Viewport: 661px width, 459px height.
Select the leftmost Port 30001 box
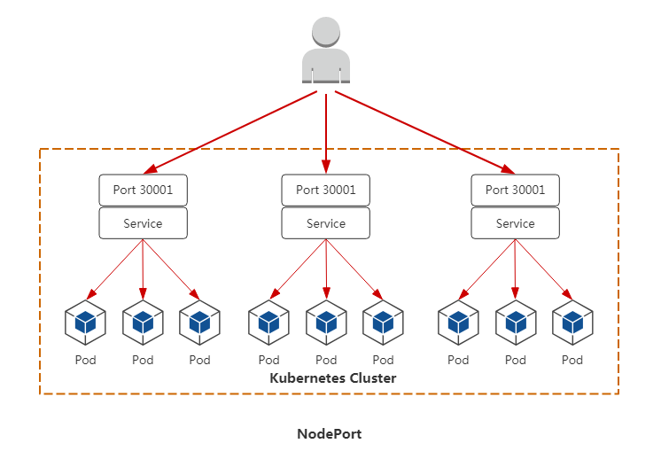click(143, 190)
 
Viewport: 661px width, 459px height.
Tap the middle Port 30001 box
click(326, 190)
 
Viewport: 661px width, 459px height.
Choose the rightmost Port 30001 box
click(516, 190)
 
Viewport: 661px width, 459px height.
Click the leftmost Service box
click(143, 223)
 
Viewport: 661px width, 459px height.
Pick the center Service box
click(326, 223)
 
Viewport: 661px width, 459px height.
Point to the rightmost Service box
click(516, 223)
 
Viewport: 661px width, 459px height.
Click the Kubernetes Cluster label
click(332, 378)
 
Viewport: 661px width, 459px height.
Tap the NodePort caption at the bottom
click(330, 434)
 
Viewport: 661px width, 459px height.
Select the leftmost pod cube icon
click(85, 323)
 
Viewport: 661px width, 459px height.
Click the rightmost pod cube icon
click(572, 323)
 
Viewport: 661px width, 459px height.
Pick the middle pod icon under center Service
click(326, 323)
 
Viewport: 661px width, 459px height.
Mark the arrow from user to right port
click(424, 131)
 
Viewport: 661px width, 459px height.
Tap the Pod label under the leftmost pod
click(85, 360)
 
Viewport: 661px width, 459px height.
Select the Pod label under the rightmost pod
click(572, 360)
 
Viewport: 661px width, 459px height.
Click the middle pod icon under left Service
click(143, 323)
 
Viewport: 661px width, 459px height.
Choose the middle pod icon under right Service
click(516, 323)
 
